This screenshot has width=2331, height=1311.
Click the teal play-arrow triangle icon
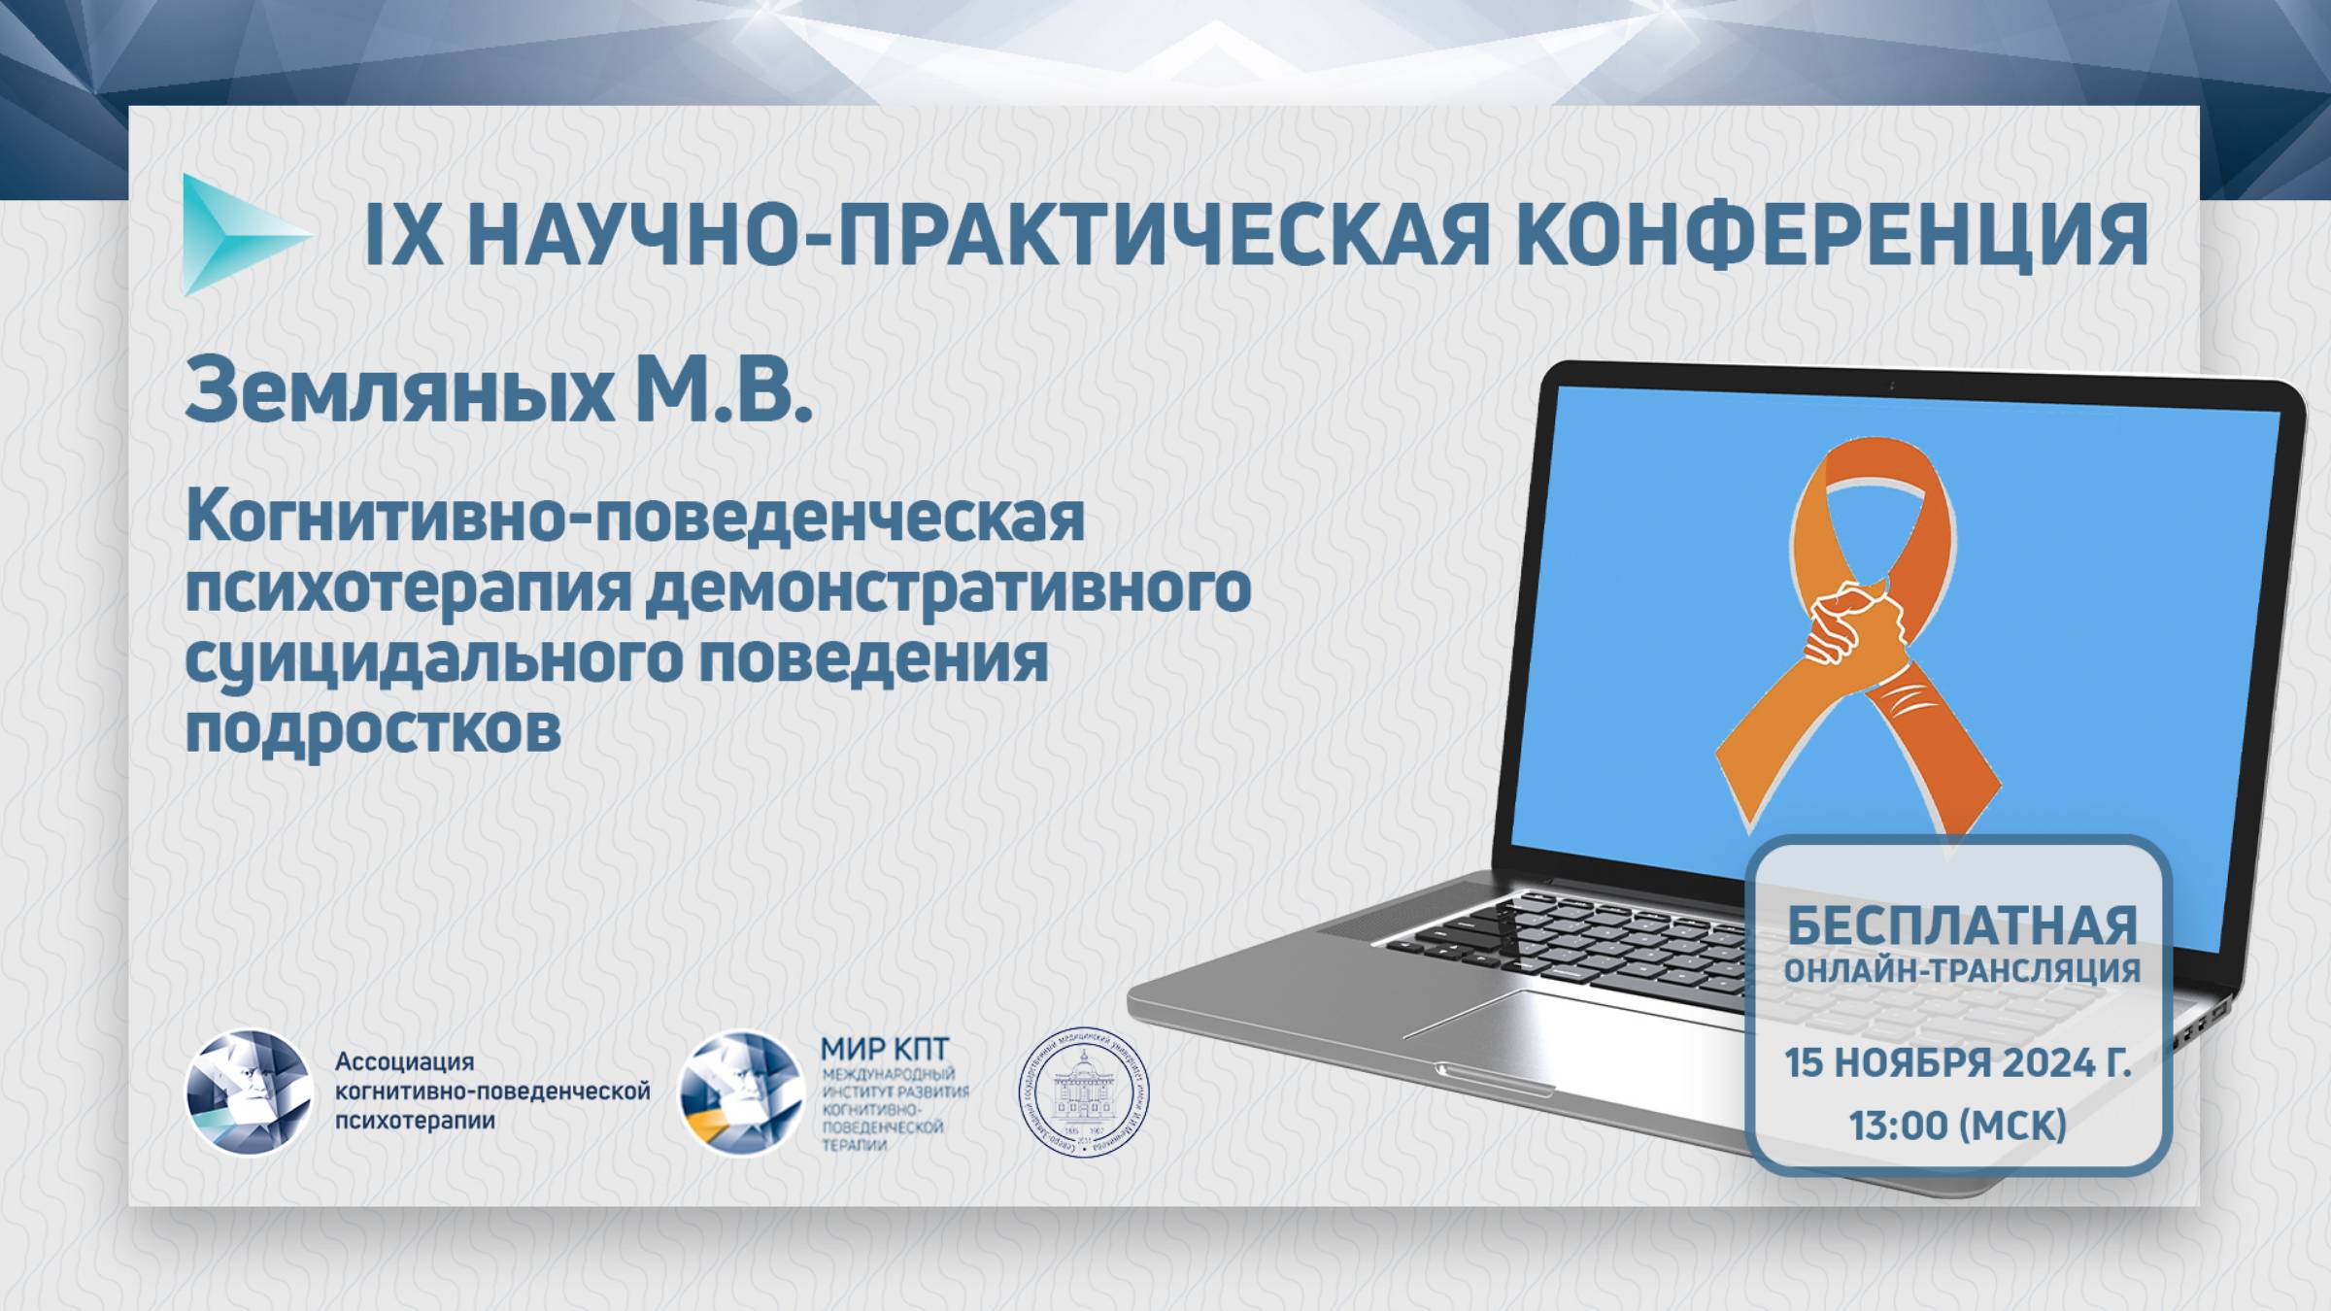(x=238, y=235)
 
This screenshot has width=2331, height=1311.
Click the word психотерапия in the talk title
(x=409, y=589)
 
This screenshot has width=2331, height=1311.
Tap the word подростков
(x=373, y=730)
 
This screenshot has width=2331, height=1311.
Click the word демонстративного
(x=946, y=589)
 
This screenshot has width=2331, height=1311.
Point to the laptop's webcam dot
(x=1892, y=387)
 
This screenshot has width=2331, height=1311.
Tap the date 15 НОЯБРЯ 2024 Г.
(x=1958, y=1064)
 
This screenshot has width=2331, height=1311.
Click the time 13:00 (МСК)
(x=1958, y=1126)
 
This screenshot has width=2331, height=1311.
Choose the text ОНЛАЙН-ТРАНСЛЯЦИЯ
(x=1962, y=970)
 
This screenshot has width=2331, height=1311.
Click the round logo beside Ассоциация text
(x=249, y=1092)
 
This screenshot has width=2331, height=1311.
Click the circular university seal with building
(x=1083, y=1092)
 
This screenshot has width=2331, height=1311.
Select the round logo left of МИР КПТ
(x=741, y=1092)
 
